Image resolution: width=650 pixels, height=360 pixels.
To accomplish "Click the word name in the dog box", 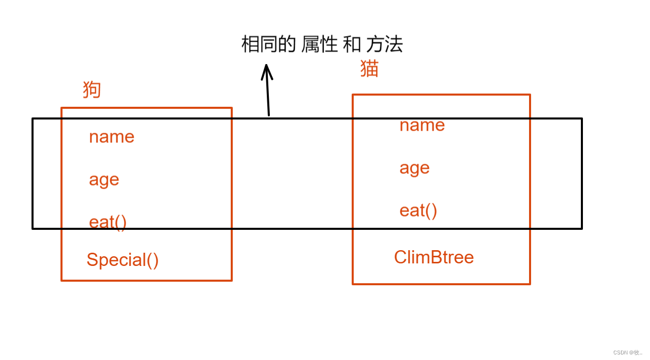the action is coord(111,137).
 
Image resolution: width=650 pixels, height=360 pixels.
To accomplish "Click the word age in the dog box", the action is coord(104,180).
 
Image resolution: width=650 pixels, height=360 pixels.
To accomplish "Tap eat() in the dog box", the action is coord(107,222).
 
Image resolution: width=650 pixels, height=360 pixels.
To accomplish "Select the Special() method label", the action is coord(122,260).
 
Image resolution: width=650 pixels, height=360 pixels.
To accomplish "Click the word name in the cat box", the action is coord(422,125).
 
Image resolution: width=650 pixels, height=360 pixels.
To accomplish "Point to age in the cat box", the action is coord(414,168).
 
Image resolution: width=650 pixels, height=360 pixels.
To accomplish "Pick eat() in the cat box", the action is coord(418,211).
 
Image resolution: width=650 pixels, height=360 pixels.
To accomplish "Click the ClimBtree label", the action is coord(434,257).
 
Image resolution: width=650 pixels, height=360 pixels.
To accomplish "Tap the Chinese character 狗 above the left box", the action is coord(92,90).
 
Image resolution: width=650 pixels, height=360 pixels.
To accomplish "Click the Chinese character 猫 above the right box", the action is coord(369,69).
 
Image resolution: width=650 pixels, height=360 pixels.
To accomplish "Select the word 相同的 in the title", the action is coord(268,45).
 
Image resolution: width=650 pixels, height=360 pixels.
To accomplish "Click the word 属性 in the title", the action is coord(319,45).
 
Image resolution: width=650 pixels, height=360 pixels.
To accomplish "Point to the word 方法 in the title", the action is coord(384,45).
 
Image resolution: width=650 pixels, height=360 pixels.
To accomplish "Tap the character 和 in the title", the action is coord(352,45).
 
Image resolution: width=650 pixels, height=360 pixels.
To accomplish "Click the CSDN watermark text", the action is coord(627,352).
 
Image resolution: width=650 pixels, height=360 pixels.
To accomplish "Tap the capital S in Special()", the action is coord(92,260).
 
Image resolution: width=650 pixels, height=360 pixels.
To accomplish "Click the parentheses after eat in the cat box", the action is coord(431,211).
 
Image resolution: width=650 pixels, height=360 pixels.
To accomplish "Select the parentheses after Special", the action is coord(152,260).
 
